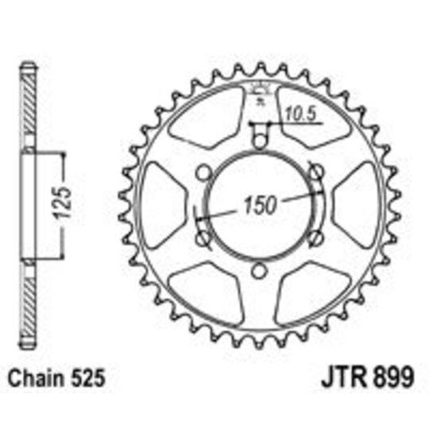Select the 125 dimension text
point(69,203)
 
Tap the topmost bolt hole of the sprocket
point(257,141)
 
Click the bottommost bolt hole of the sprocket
point(257,272)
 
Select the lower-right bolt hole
point(315,239)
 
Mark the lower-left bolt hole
point(201,239)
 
